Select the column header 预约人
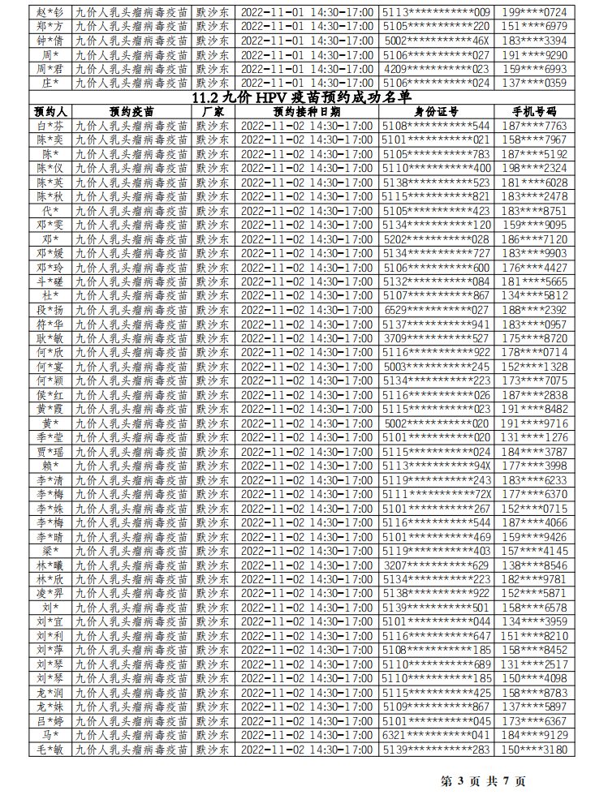pos(50,111)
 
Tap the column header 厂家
pos(213,111)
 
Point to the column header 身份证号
pos(437,111)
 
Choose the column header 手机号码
pos(534,111)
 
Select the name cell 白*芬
pos(50,126)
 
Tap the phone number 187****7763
pos(534,126)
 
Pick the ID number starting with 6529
pos(437,310)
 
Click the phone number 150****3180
pos(534,750)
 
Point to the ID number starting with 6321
pos(437,735)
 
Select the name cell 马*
pos(50,735)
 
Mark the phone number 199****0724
pos(534,12)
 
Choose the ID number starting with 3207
pos(437,565)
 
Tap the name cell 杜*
pos(50,295)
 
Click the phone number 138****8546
pos(534,565)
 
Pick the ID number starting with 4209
pos(437,69)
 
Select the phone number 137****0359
pos(534,83)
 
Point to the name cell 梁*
pos(50,551)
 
